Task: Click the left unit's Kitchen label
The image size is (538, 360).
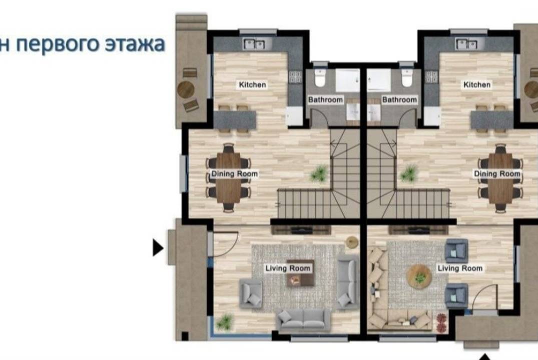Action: click(x=252, y=84)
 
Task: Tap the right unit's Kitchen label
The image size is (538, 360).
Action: click(x=476, y=84)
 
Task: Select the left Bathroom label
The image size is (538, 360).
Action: click(x=325, y=100)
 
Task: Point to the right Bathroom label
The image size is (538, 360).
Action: click(x=399, y=100)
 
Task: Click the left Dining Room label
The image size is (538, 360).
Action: click(x=234, y=174)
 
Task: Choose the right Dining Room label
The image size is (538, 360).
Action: click(x=497, y=174)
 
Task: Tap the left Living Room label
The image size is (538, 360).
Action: click(x=288, y=268)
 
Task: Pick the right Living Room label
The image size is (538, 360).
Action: click(x=460, y=268)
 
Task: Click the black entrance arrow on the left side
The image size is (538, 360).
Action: click(x=158, y=247)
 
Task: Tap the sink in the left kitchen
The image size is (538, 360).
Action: click(x=254, y=44)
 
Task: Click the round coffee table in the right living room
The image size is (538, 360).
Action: click(x=418, y=275)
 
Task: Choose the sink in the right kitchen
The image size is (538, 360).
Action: click(x=466, y=44)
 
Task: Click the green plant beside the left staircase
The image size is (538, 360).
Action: click(x=319, y=173)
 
